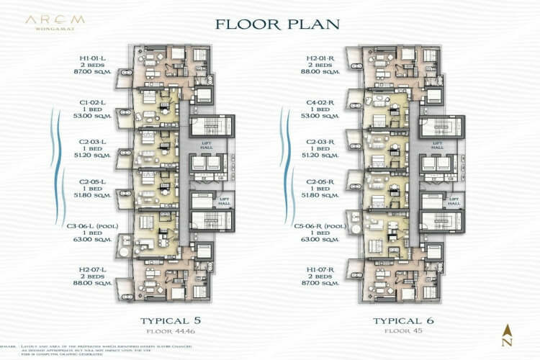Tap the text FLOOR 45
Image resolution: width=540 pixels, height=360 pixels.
click(401, 332)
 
